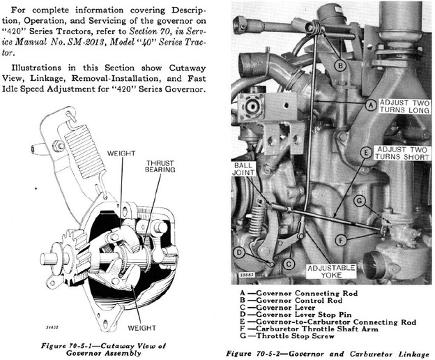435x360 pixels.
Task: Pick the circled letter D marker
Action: pos(239,253)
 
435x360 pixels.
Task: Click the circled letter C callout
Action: pos(288,264)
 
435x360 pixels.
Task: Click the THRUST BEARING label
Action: pos(160,167)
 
